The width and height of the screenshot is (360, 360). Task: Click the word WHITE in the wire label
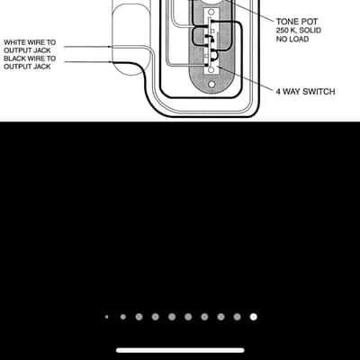[14, 42]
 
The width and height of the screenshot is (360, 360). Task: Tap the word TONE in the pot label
[287, 22]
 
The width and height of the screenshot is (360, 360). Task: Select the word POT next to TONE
[309, 22]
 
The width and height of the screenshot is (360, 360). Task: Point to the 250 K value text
[287, 31]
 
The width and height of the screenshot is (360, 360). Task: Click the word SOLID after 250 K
[310, 31]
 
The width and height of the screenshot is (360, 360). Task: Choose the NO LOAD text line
[292, 39]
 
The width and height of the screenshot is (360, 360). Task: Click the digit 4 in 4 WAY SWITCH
[278, 92]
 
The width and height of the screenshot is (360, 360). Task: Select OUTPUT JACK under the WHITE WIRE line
[27, 50]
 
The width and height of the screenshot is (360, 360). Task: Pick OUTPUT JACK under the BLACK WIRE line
[27, 67]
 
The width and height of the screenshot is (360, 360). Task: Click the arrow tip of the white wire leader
[111, 47]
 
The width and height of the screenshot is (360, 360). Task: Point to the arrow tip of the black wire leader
[112, 62]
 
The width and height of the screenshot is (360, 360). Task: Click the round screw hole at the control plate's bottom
[211, 85]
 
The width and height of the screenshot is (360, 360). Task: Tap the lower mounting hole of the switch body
[211, 70]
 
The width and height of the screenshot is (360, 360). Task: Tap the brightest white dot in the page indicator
[254, 317]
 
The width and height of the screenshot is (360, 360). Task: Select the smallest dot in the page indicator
[106, 317]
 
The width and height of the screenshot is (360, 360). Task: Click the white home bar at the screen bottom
[180, 350]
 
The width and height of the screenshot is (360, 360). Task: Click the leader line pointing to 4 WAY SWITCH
[245, 77]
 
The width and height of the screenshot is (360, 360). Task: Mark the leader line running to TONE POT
[249, 10]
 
